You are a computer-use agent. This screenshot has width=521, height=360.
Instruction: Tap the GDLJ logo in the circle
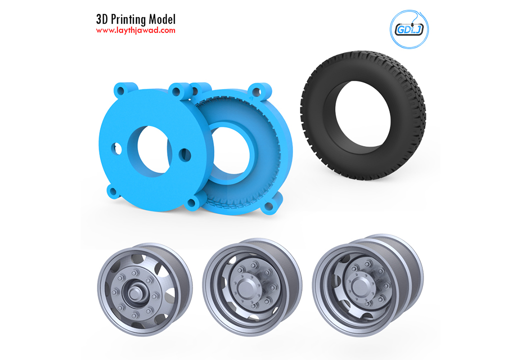pyautogui.click(x=409, y=29)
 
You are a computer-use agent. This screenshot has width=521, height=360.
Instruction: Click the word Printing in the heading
pyautogui.click(x=128, y=19)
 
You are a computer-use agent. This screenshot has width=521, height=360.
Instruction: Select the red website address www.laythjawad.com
pyautogui.click(x=135, y=30)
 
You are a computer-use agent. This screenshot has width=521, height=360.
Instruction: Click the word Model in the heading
pyautogui.click(x=162, y=19)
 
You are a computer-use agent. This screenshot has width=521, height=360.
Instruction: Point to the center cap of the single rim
pyautogui.click(x=134, y=293)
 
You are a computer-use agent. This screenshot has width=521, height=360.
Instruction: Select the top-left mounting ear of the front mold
pyautogui.click(x=121, y=89)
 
